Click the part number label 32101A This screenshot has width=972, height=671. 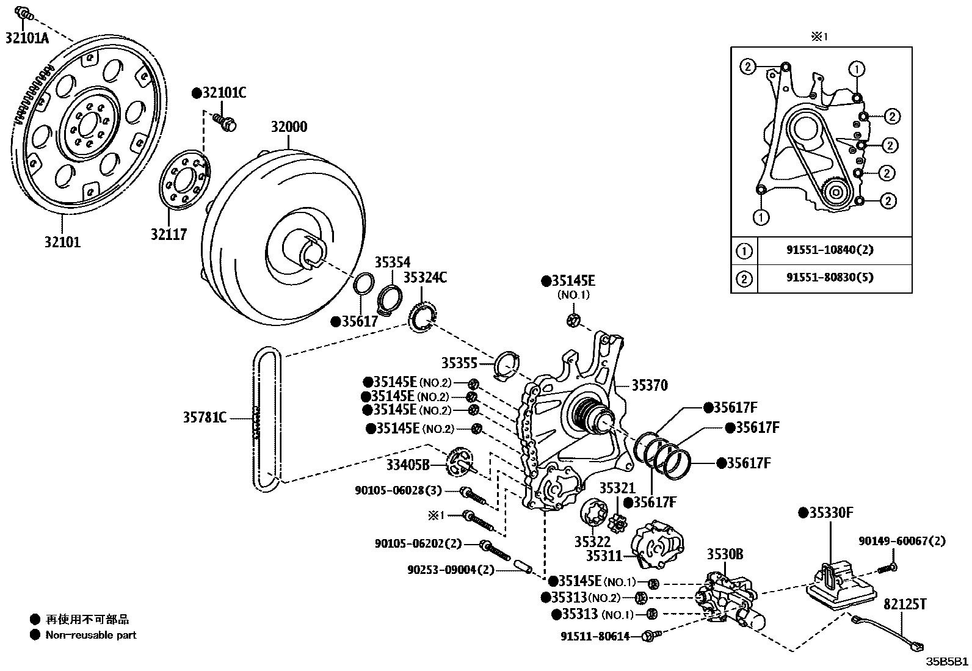click(x=27, y=38)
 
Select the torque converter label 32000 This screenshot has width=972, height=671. click(x=289, y=127)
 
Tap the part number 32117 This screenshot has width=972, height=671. click(x=169, y=234)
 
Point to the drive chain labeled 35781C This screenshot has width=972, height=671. click(x=266, y=419)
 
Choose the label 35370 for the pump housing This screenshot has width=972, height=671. click(x=650, y=385)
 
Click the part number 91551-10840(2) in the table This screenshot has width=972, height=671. click(x=830, y=250)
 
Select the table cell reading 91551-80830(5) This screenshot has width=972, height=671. click(x=830, y=278)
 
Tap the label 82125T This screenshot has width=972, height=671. click(x=905, y=604)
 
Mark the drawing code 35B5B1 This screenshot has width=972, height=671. click(x=947, y=661)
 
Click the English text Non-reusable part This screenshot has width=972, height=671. click(x=91, y=635)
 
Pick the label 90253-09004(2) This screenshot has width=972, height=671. click(x=451, y=570)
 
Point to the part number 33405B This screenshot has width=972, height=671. click(x=408, y=465)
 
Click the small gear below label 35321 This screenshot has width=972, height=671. click(x=617, y=523)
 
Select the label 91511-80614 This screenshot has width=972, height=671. click(x=595, y=636)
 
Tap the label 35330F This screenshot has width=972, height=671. click(x=825, y=513)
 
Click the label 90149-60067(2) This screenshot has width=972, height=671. click(x=902, y=541)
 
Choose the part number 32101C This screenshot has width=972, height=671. click(x=219, y=93)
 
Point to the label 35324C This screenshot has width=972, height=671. click(x=425, y=277)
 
